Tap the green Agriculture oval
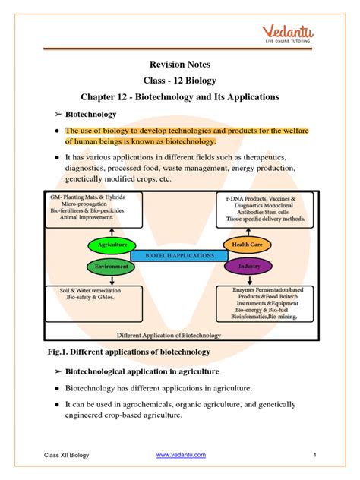click(112, 245)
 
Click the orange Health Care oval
click(246, 245)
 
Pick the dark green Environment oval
click(112, 267)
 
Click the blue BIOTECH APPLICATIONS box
click(179, 256)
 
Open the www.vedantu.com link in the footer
click(181, 454)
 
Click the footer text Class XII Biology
click(67, 454)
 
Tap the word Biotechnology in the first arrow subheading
click(90, 114)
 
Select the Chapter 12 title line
click(180, 98)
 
